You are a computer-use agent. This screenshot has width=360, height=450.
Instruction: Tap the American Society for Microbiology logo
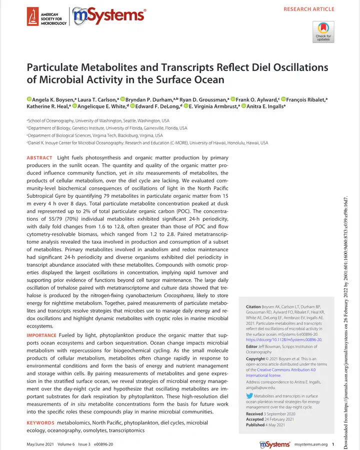[46, 18]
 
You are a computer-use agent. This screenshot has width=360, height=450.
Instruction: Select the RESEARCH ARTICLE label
[308, 9]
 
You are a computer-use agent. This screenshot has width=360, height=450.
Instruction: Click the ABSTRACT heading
[39, 158]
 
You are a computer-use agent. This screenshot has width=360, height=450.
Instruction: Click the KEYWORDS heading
[40, 423]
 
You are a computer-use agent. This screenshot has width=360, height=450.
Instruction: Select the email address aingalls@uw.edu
[261, 387]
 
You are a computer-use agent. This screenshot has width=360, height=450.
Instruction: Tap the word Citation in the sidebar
[255, 307]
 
